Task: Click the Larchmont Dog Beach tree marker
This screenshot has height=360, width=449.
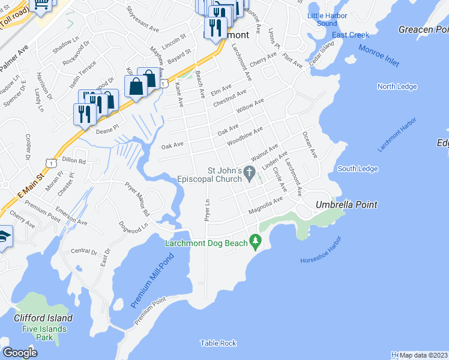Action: click(x=256, y=241)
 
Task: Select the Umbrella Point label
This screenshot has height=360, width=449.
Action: click(x=346, y=205)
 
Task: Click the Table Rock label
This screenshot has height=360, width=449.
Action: click(x=218, y=343)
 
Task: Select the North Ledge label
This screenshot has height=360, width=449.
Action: click(x=397, y=86)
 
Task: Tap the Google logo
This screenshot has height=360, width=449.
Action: click(x=20, y=352)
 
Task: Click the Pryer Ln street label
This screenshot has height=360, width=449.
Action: click(x=208, y=210)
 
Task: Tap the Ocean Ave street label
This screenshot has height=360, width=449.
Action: click(x=309, y=145)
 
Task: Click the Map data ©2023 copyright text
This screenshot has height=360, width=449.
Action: click(x=423, y=355)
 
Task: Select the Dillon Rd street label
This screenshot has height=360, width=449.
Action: click(x=74, y=161)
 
